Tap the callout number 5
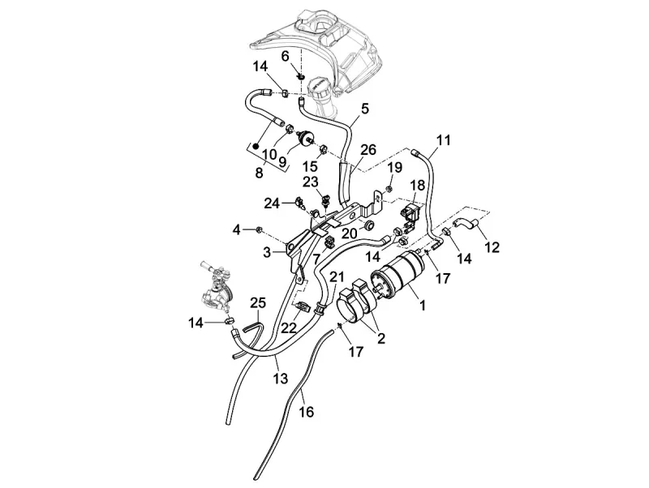[x=364, y=107]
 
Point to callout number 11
[x=442, y=139]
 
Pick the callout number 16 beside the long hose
[x=306, y=412]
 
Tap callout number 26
[x=368, y=151]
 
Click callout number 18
[x=417, y=185]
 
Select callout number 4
[x=237, y=229]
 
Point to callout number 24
[x=271, y=202]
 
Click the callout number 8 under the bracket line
[x=259, y=172]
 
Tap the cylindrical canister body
[x=401, y=276]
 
